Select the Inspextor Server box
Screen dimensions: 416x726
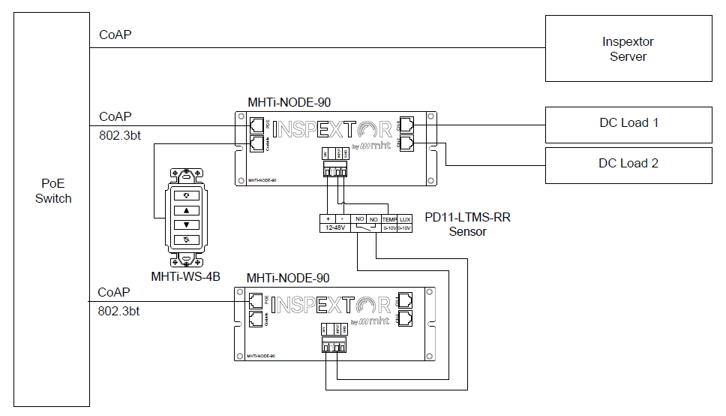[x=628, y=50]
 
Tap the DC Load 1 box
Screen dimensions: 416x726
[x=628, y=122]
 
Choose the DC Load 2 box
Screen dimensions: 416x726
[x=628, y=163]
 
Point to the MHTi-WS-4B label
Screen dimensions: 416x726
[x=185, y=276]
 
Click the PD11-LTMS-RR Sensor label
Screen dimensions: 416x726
[x=467, y=225]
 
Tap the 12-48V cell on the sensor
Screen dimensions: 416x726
[x=333, y=228]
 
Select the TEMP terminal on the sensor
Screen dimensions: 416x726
[x=390, y=219]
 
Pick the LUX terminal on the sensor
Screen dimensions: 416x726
[x=405, y=219]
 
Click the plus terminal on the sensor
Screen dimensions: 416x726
[x=328, y=219]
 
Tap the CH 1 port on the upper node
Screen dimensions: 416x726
[x=406, y=125]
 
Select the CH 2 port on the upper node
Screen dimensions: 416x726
[x=406, y=141]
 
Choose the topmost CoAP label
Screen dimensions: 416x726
[x=115, y=35]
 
